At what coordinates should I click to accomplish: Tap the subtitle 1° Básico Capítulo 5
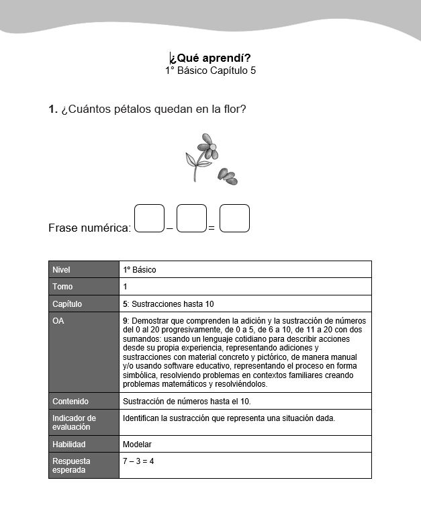click(x=211, y=71)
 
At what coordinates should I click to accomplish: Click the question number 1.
click(x=52, y=109)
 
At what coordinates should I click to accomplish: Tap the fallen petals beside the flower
click(x=227, y=176)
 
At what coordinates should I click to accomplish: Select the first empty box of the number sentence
click(x=149, y=218)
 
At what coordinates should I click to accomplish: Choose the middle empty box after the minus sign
click(x=191, y=218)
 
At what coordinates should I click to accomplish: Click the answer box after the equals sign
click(x=234, y=218)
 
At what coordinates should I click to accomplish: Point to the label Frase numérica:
click(x=90, y=228)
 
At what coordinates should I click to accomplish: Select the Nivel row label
click(x=61, y=269)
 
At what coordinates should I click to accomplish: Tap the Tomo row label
click(x=62, y=287)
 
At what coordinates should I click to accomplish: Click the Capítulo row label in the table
click(x=67, y=304)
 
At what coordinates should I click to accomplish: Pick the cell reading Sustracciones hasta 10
click(x=171, y=304)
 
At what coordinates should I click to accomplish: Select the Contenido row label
click(x=71, y=402)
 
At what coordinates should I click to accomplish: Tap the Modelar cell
click(x=137, y=445)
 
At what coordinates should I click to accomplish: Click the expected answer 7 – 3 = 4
click(x=138, y=461)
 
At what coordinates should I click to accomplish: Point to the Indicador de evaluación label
click(x=74, y=422)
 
